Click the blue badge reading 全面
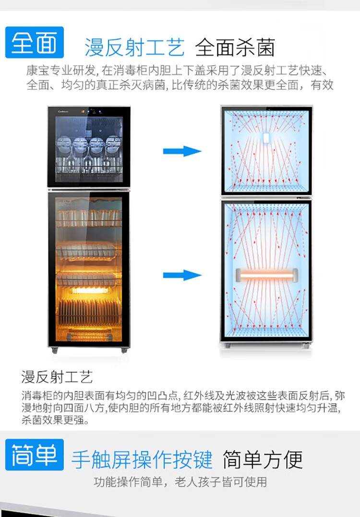(34, 42)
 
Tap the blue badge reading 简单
(34, 455)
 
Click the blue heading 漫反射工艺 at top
(134, 47)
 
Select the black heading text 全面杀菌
(235, 47)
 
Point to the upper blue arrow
(182, 151)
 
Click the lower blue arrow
(182, 275)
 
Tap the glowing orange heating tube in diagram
(267, 275)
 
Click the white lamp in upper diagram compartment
(266, 138)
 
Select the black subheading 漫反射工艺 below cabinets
(57, 377)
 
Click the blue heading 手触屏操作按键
(142, 459)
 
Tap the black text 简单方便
(263, 459)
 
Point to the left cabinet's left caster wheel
(55, 350)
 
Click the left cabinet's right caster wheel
(124, 350)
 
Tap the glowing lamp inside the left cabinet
(90, 290)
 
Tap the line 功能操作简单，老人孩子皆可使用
(180, 482)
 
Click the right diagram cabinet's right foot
(306, 346)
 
